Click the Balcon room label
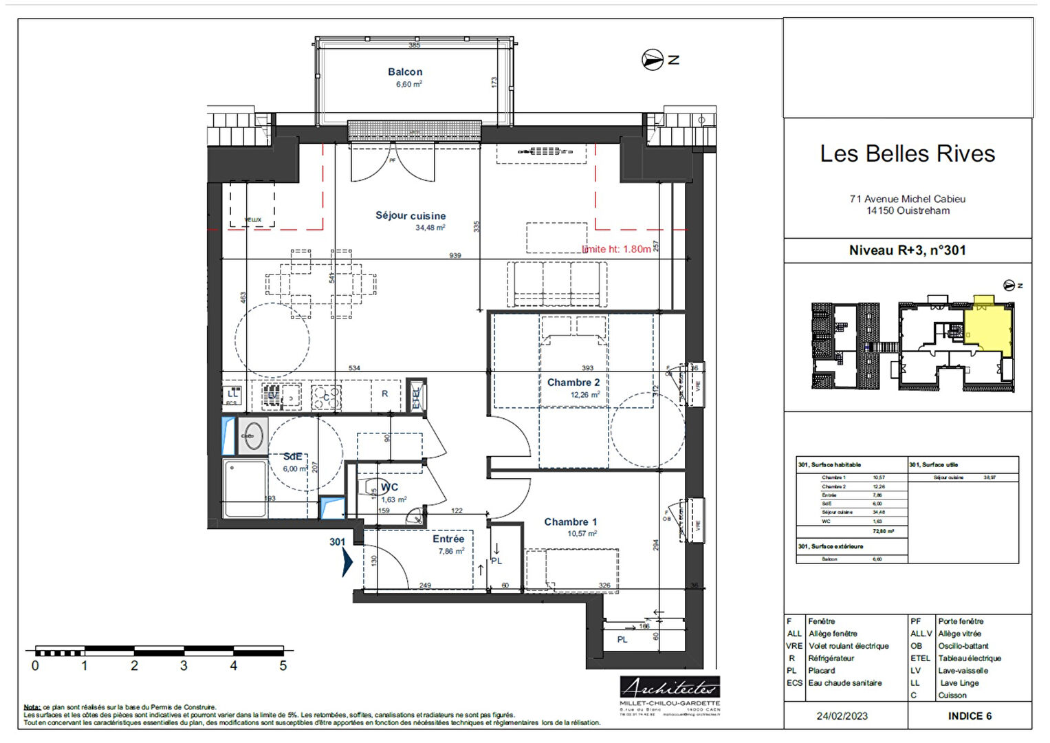coord(405,72)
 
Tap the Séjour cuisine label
coord(411,216)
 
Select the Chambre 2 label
coord(573,383)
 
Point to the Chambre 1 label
coord(571,522)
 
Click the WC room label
coord(390,487)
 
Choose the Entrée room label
coord(448,539)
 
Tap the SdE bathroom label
coord(293,457)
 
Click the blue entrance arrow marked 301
coord(347,562)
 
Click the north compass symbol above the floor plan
coord(653,60)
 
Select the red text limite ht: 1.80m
coord(616,249)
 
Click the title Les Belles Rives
coord(907,153)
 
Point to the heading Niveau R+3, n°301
coord(907,250)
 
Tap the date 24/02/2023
coord(842,716)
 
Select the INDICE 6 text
coord(970,716)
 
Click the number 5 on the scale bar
coord(283,666)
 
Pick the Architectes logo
coord(670,687)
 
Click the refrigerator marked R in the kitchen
coord(384,394)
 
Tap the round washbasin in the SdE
coord(252,436)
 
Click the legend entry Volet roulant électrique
coord(849,646)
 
